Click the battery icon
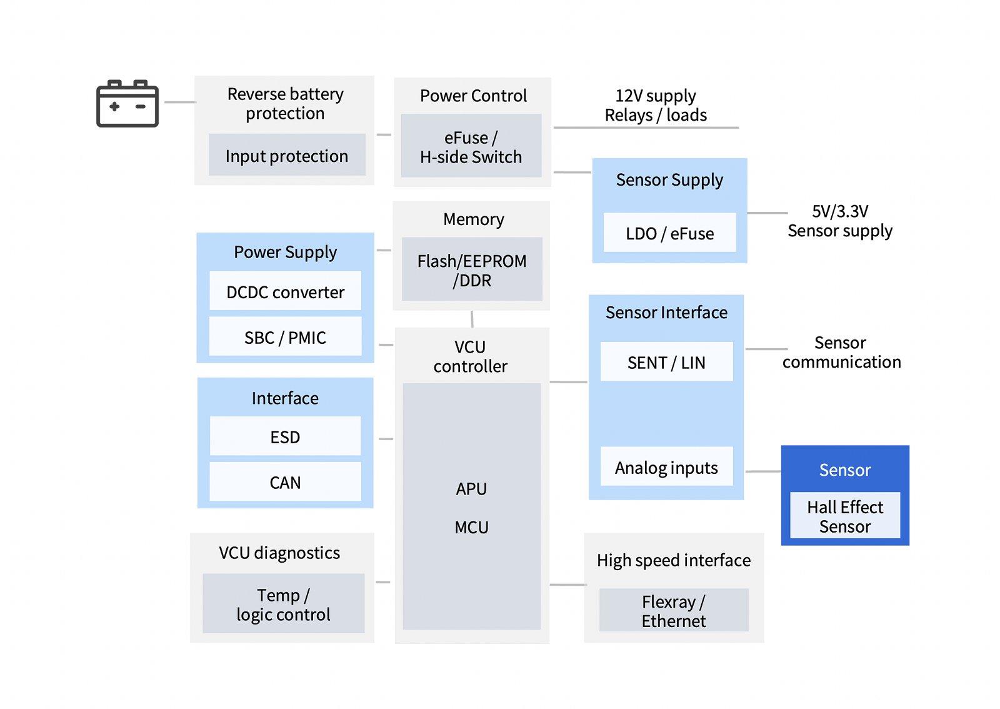point(127,104)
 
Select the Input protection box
point(287,155)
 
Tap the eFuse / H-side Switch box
point(471,146)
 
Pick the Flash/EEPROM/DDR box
point(472,269)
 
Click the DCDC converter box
point(285,291)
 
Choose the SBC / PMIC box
point(285,337)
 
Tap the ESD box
point(285,436)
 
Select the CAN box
point(285,482)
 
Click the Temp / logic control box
point(283,604)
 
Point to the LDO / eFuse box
point(669,233)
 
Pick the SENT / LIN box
point(666,362)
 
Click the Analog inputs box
point(666,467)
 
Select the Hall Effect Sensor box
point(845,516)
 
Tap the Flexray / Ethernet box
point(674,610)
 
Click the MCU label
point(472,527)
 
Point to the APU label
point(472,488)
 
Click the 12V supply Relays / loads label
point(656,105)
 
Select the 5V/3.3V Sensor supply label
point(840,221)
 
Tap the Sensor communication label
point(841,352)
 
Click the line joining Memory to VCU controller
point(472,319)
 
